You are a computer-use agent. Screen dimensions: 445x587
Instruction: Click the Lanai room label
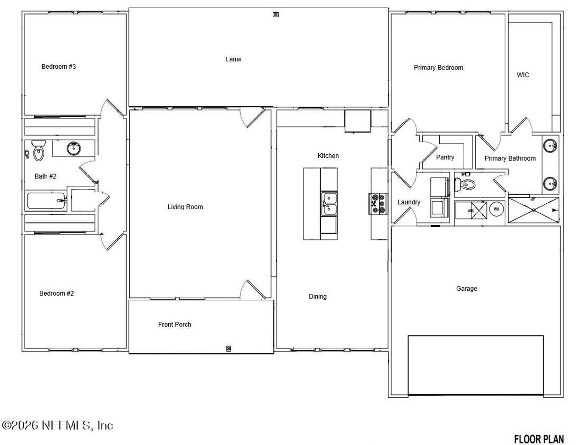233,59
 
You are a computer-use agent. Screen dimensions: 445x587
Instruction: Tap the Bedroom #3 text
59,67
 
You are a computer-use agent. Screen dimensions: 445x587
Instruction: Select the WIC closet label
523,75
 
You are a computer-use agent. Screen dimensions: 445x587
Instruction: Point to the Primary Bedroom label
438,68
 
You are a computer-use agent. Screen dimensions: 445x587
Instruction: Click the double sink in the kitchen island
328,204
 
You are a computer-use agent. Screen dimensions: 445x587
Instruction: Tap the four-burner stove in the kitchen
376,204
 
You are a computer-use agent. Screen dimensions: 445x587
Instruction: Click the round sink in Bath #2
73,148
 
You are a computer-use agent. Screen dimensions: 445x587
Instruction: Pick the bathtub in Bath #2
46,201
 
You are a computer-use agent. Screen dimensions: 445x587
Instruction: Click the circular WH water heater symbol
497,210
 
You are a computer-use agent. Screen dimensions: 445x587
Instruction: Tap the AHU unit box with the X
478,211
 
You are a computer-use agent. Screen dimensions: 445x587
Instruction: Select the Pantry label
445,157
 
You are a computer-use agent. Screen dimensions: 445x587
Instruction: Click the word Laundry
409,202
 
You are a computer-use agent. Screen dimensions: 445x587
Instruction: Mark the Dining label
317,297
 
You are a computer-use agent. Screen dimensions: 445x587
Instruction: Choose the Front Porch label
175,325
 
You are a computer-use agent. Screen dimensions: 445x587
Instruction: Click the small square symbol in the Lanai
276,14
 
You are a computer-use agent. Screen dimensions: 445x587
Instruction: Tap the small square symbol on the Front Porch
229,348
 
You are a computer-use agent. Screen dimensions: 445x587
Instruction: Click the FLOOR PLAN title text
539,439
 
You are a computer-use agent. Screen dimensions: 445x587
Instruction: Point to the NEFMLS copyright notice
58,425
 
